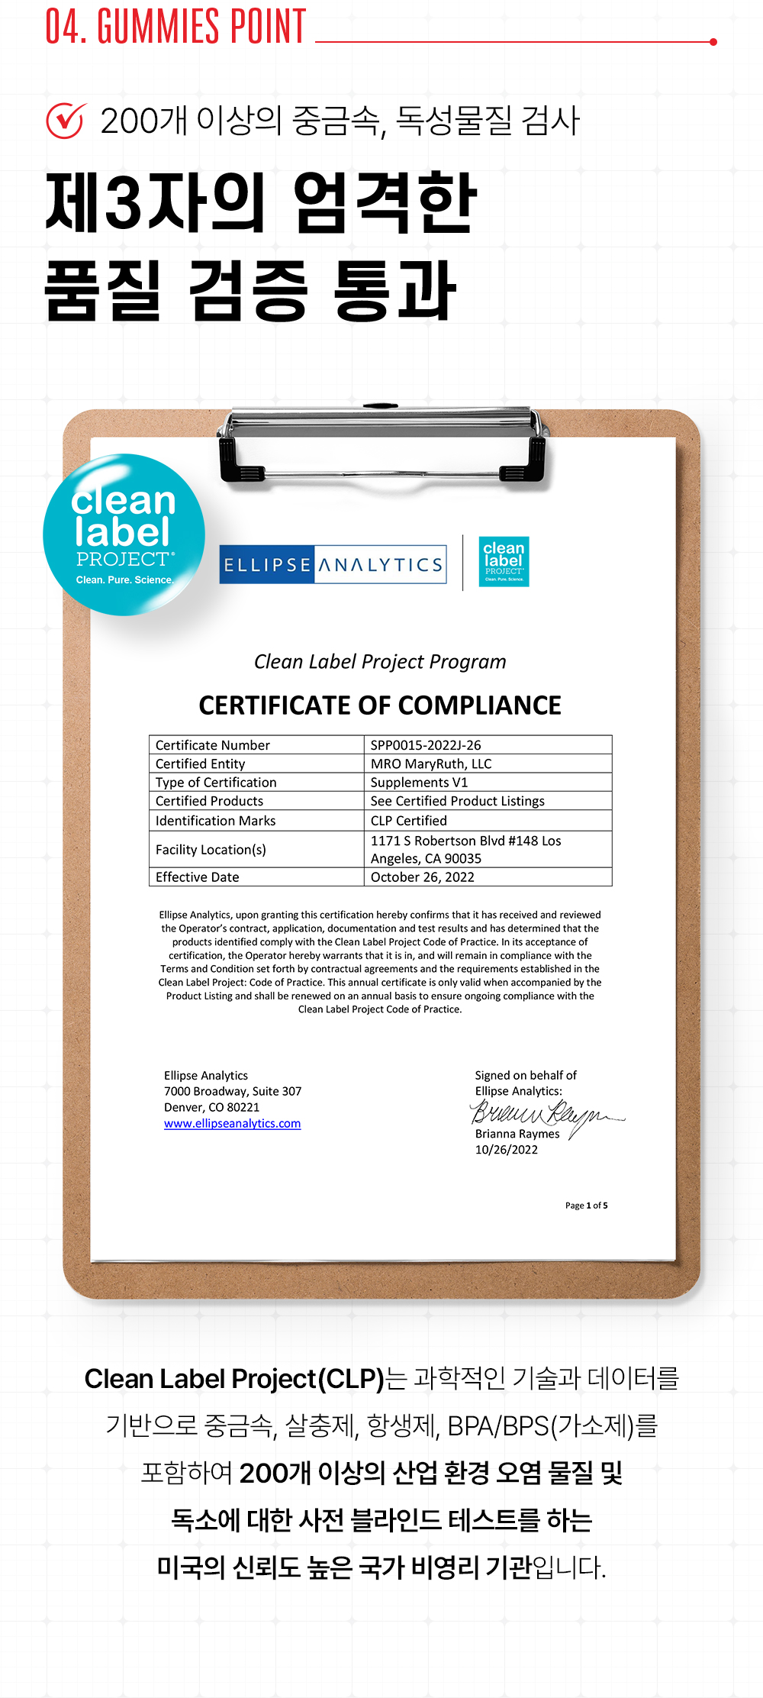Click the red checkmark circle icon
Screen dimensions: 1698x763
coord(66,121)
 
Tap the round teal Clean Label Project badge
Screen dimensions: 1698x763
coord(124,535)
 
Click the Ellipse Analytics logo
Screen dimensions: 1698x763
coord(333,564)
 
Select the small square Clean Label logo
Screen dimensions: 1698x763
coord(504,561)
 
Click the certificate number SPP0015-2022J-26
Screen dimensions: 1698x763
coord(426,745)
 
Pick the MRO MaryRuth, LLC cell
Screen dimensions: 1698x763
coord(431,763)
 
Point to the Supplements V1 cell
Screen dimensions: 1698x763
coord(419,783)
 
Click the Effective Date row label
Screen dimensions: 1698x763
coord(197,877)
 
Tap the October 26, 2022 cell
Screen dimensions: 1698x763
coord(422,877)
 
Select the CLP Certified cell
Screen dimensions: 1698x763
coord(408,821)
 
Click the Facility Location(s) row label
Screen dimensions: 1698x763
coord(211,850)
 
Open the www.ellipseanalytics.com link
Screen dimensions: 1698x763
coord(232,1124)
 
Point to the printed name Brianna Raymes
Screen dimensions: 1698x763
coord(517,1135)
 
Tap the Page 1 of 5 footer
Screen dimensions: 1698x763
coord(586,1206)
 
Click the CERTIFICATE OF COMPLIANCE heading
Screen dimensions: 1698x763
coord(380,705)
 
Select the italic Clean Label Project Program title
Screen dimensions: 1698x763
coord(380,662)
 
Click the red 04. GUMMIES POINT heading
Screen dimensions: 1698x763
coord(175,27)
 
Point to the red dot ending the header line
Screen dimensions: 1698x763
coord(713,42)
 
